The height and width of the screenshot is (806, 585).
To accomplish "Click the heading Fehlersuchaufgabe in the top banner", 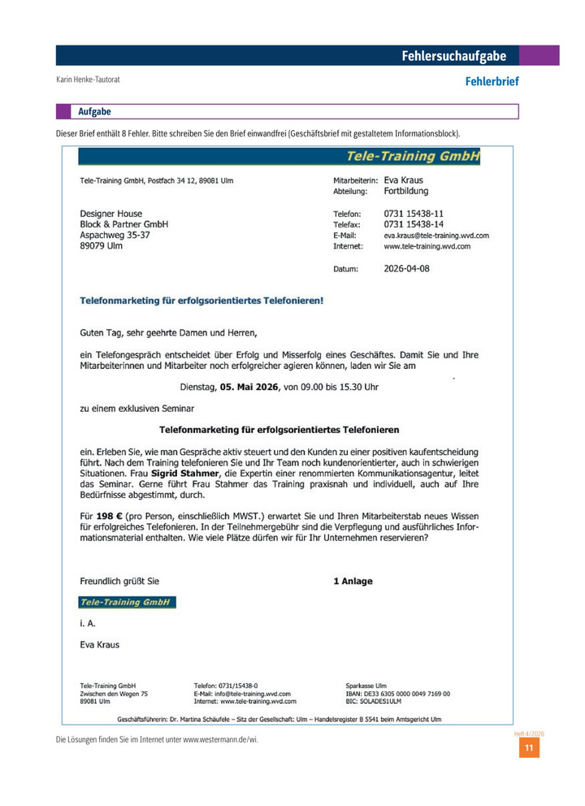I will (453, 56).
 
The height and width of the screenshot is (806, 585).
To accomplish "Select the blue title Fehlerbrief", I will (492, 81).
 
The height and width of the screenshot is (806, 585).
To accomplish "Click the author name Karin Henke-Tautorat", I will (93, 80).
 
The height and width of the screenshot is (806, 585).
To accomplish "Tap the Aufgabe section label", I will (95, 111).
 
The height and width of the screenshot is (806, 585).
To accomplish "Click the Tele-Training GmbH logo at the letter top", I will (413, 157).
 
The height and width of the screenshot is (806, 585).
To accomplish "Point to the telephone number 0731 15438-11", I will (414, 213).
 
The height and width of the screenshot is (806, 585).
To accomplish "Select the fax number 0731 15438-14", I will (414, 223).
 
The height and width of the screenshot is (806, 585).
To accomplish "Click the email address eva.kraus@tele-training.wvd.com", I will (436, 235).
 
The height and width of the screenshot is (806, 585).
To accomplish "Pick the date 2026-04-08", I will (407, 267).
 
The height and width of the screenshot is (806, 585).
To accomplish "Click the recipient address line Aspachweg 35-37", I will (115, 235).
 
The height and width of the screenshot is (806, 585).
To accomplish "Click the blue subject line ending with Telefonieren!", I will (201, 300).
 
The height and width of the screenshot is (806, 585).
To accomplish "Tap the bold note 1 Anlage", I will (353, 581).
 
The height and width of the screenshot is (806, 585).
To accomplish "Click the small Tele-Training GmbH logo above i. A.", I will (127, 602).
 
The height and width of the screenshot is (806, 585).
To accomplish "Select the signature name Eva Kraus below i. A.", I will (99, 644).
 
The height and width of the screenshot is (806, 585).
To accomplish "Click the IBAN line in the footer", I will (398, 694).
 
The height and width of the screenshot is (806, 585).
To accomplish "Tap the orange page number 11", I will (529, 748).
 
